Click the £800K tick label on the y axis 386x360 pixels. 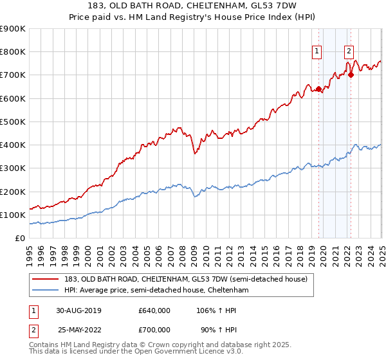[x=13, y=52]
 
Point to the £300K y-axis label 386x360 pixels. [x=13, y=168]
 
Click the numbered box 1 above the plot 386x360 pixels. [x=318, y=53]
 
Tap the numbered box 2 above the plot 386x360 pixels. [x=349, y=53]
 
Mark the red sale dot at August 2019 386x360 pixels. [x=318, y=89]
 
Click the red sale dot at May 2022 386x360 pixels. [x=351, y=75]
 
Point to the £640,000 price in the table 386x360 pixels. [x=154, y=310]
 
